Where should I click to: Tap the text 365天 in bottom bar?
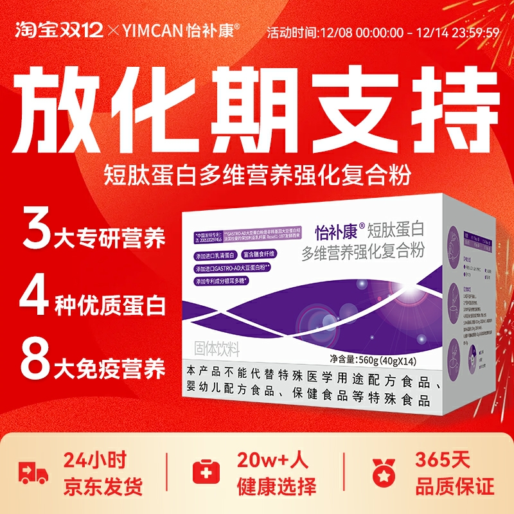pyautogui.click(x=443, y=460)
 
